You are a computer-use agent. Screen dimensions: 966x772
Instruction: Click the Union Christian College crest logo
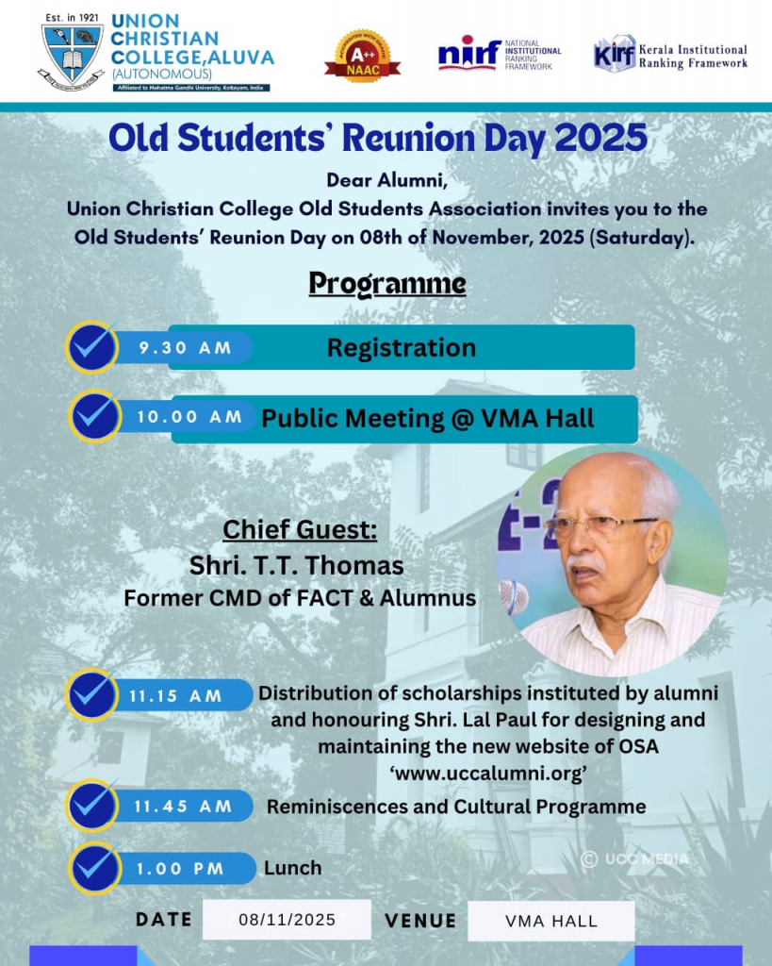pyautogui.click(x=71, y=53)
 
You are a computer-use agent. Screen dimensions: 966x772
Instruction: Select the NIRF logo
pyautogui.click(x=468, y=54)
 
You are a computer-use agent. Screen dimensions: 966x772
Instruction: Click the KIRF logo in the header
pyautogui.click(x=615, y=54)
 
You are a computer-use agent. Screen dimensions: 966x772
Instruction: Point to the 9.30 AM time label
pyautogui.click(x=185, y=348)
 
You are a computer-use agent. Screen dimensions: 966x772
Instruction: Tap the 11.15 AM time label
pyautogui.click(x=177, y=696)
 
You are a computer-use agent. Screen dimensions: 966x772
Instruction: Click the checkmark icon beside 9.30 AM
pyautogui.click(x=92, y=347)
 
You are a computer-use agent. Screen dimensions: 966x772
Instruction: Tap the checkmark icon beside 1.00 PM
pyautogui.click(x=92, y=869)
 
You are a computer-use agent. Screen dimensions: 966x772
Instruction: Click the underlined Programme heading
pyautogui.click(x=386, y=283)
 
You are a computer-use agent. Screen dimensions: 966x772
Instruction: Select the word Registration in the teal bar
pyautogui.click(x=402, y=348)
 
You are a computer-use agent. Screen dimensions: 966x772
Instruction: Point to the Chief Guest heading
pyautogui.click(x=300, y=530)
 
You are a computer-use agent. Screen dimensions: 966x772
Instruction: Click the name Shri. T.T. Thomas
pyautogui.click(x=297, y=566)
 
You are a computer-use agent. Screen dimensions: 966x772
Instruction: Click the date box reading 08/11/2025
pyautogui.click(x=287, y=920)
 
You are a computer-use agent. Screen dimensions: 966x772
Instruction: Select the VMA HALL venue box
pyautogui.click(x=551, y=921)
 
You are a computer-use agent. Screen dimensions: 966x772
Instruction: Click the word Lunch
pyautogui.click(x=292, y=868)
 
